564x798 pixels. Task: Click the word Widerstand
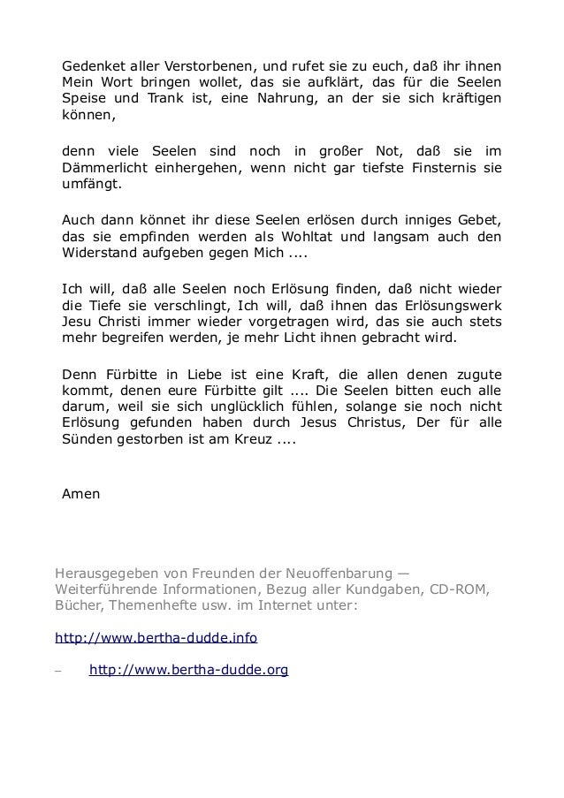(99, 255)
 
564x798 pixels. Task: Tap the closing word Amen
(81, 494)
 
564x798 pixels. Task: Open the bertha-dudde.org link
(188, 671)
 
